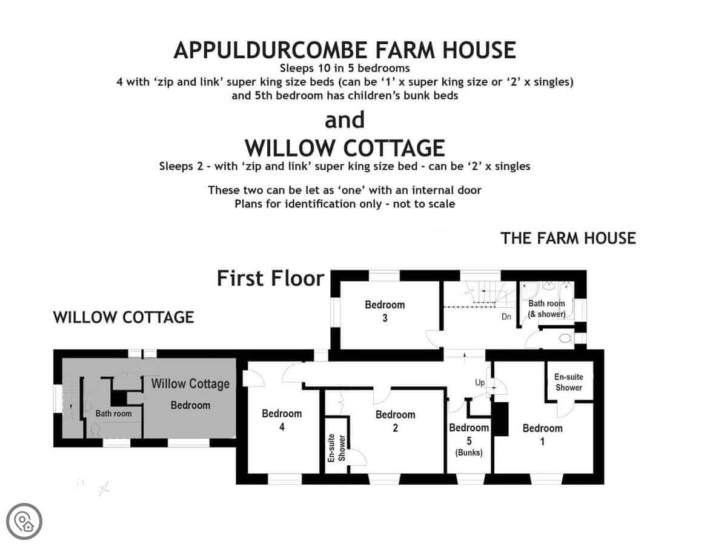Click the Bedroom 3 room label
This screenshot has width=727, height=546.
click(385, 311)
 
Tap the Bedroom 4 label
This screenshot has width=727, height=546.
click(282, 420)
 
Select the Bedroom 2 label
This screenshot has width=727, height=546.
click(395, 421)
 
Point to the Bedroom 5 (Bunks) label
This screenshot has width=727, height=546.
click(469, 440)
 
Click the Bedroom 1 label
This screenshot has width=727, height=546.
click(542, 434)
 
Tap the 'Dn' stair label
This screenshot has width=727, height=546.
click(506, 317)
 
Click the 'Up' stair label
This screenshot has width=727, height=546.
click(480, 383)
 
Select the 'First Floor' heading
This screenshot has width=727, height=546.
click(270, 278)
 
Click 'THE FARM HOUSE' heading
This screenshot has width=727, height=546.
click(568, 238)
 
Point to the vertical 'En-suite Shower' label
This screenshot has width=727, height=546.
click(336, 448)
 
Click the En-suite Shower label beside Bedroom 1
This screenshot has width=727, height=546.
click(568, 382)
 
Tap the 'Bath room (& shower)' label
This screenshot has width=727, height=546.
click(546, 309)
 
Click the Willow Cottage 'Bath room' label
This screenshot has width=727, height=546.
click(113, 413)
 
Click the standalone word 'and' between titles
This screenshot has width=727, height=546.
click(345, 120)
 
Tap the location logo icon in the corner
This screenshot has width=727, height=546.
click(24, 521)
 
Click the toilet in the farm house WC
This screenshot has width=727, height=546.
click(565, 339)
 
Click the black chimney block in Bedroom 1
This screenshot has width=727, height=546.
click(501, 419)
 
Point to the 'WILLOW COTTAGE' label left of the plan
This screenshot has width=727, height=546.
click(124, 317)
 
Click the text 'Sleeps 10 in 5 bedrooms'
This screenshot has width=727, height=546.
click(345, 68)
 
